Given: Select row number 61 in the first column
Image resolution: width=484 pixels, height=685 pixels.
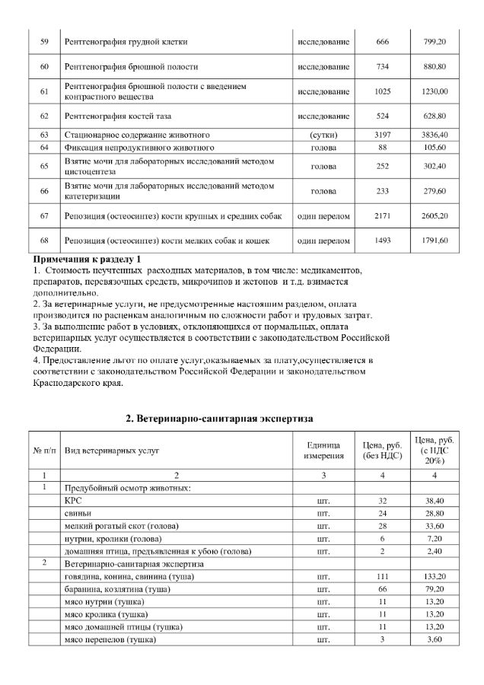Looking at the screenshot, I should coord(44,92).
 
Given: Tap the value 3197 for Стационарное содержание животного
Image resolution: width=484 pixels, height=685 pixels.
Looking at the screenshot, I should coord(383,135).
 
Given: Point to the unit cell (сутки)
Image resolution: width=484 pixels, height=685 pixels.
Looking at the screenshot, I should coord(323,135).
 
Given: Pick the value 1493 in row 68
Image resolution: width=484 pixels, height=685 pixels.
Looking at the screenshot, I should coord(383,241).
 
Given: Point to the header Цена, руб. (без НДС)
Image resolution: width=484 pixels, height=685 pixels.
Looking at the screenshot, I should coord(383,451).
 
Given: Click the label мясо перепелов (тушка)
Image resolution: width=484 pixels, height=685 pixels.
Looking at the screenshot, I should coord(110,639).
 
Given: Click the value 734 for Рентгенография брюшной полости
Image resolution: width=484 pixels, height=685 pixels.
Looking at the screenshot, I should coord(383,66).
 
